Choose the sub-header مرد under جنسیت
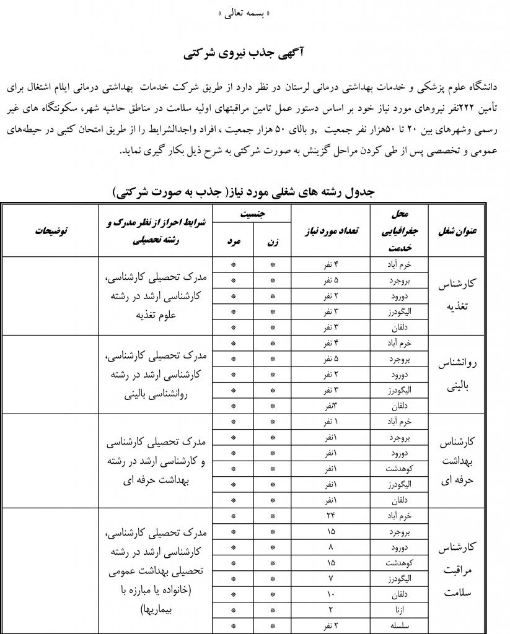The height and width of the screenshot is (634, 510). pos(233,243)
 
